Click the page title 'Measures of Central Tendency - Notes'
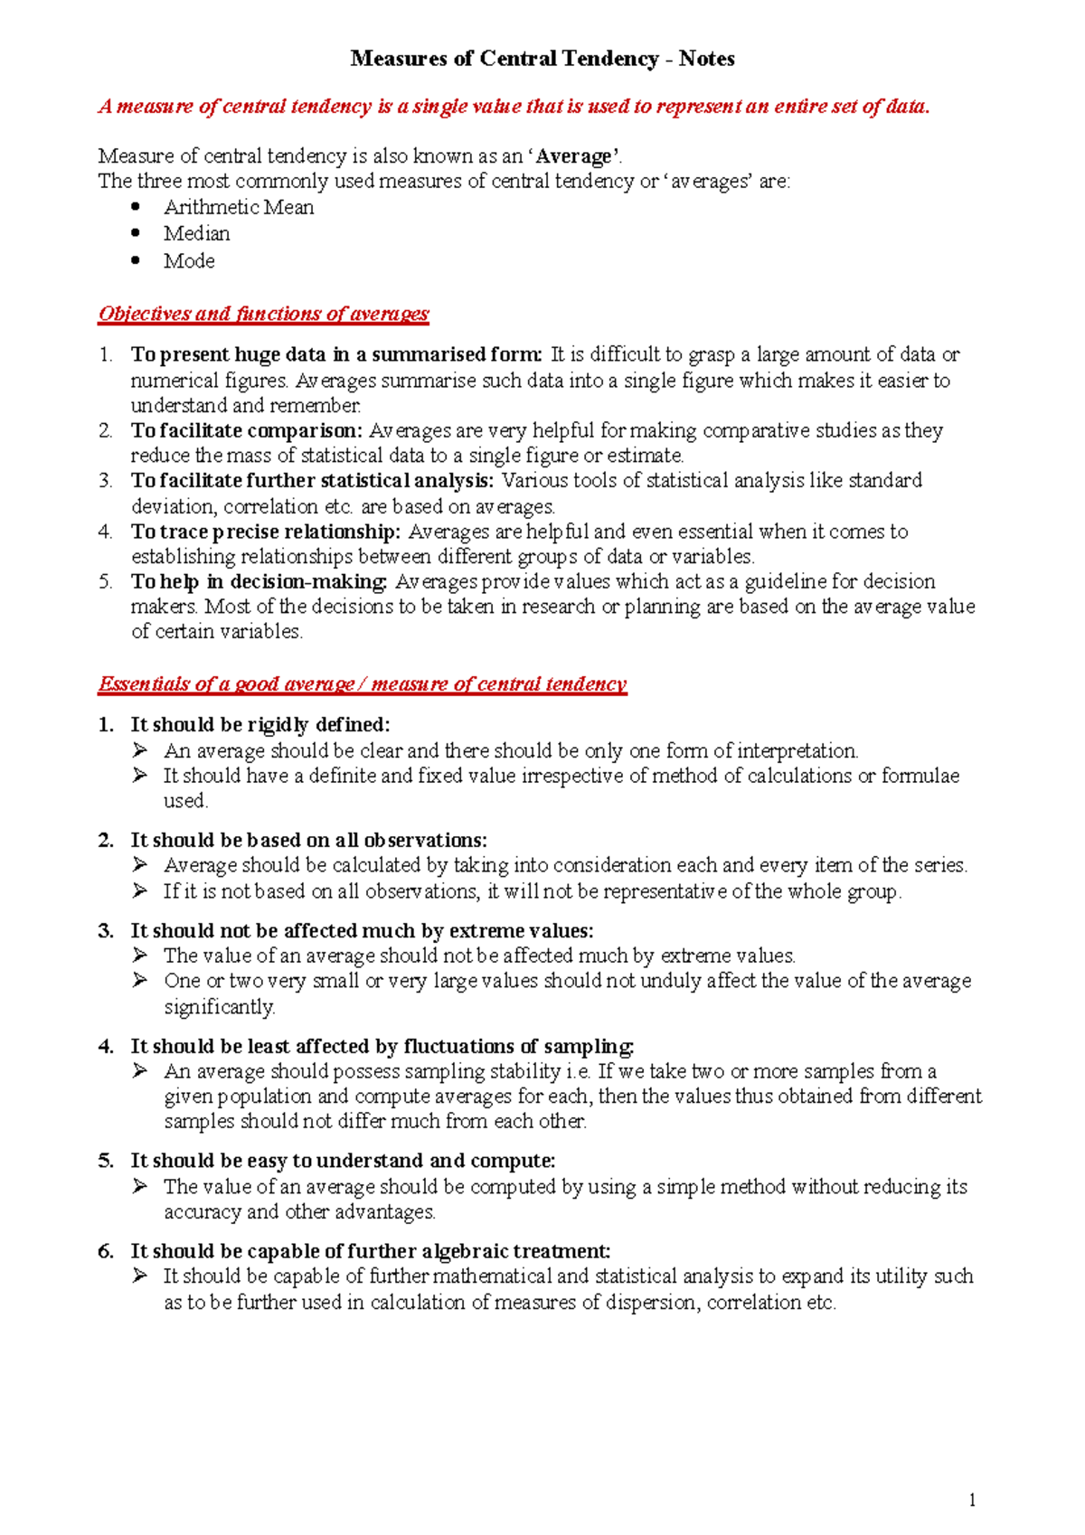coord(542,59)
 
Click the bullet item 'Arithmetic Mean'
coord(239,207)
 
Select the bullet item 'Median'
coord(196,233)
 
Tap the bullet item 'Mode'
coord(189,260)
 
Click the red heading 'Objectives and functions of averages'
coord(263,314)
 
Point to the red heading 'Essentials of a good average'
coord(362,683)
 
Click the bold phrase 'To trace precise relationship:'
coord(265,532)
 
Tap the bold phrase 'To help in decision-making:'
coord(259,581)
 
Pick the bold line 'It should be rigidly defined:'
coord(260,724)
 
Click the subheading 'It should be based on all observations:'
coord(308,840)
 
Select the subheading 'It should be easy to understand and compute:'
coord(343,1160)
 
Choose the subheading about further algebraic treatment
coord(370,1251)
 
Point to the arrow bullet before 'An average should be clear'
coord(139,750)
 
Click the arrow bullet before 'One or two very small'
coord(139,981)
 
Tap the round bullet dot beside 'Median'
coord(136,233)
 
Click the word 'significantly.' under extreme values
coord(220,1006)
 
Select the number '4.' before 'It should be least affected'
coord(107,1046)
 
